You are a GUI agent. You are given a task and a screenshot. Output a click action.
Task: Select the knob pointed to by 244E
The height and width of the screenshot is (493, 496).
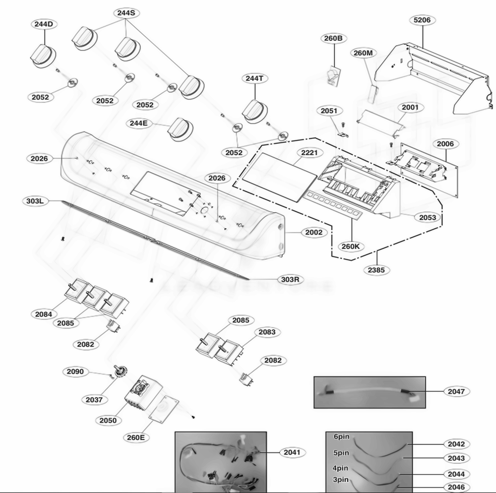tap(177, 129)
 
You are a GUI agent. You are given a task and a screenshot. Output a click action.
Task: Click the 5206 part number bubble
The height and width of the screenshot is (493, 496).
tap(422, 20)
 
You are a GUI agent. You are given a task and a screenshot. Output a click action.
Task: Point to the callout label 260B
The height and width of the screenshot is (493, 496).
tap(333, 38)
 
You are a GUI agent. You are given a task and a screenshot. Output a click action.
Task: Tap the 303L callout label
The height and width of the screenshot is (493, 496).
tap(36, 201)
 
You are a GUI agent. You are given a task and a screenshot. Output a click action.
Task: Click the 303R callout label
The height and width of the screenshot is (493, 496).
tap(290, 279)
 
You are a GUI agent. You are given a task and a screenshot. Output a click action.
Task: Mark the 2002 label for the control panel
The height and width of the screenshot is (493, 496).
tap(313, 232)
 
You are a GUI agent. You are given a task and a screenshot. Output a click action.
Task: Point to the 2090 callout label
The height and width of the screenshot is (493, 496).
tap(75, 371)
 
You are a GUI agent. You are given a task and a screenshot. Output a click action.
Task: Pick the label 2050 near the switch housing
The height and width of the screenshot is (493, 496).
tap(108, 421)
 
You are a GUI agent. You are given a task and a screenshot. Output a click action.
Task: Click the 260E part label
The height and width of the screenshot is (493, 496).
tap(135, 437)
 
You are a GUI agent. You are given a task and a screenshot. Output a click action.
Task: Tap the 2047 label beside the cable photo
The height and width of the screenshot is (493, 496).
tap(456, 391)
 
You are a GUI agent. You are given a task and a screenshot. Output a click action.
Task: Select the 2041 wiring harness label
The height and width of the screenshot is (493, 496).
tap(292, 452)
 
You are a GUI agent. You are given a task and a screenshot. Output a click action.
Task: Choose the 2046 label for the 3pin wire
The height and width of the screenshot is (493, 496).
tap(456, 487)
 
